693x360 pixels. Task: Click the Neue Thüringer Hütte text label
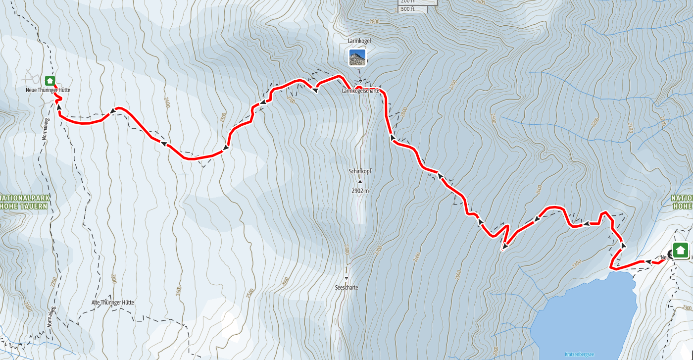click(48, 90)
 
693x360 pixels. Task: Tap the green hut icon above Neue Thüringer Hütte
click(49, 80)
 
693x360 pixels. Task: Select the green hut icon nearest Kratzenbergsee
click(680, 250)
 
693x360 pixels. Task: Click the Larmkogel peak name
click(359, 41)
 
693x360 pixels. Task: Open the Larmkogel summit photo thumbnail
click(357, 57)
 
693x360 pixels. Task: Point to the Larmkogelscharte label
click(360, 91)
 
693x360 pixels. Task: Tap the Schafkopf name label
click(360, 171)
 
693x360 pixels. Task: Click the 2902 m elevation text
click(360, 190)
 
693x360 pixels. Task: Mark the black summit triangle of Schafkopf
click(360, 182)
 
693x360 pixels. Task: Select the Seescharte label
click(346, 287)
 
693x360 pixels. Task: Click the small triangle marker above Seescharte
click(346, 278)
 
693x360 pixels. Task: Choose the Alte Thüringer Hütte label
click(113, 303)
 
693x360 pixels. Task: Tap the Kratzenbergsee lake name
click(579, 355)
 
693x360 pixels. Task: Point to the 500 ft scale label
click(407, 9)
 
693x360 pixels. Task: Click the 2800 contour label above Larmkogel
click(374, 21)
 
